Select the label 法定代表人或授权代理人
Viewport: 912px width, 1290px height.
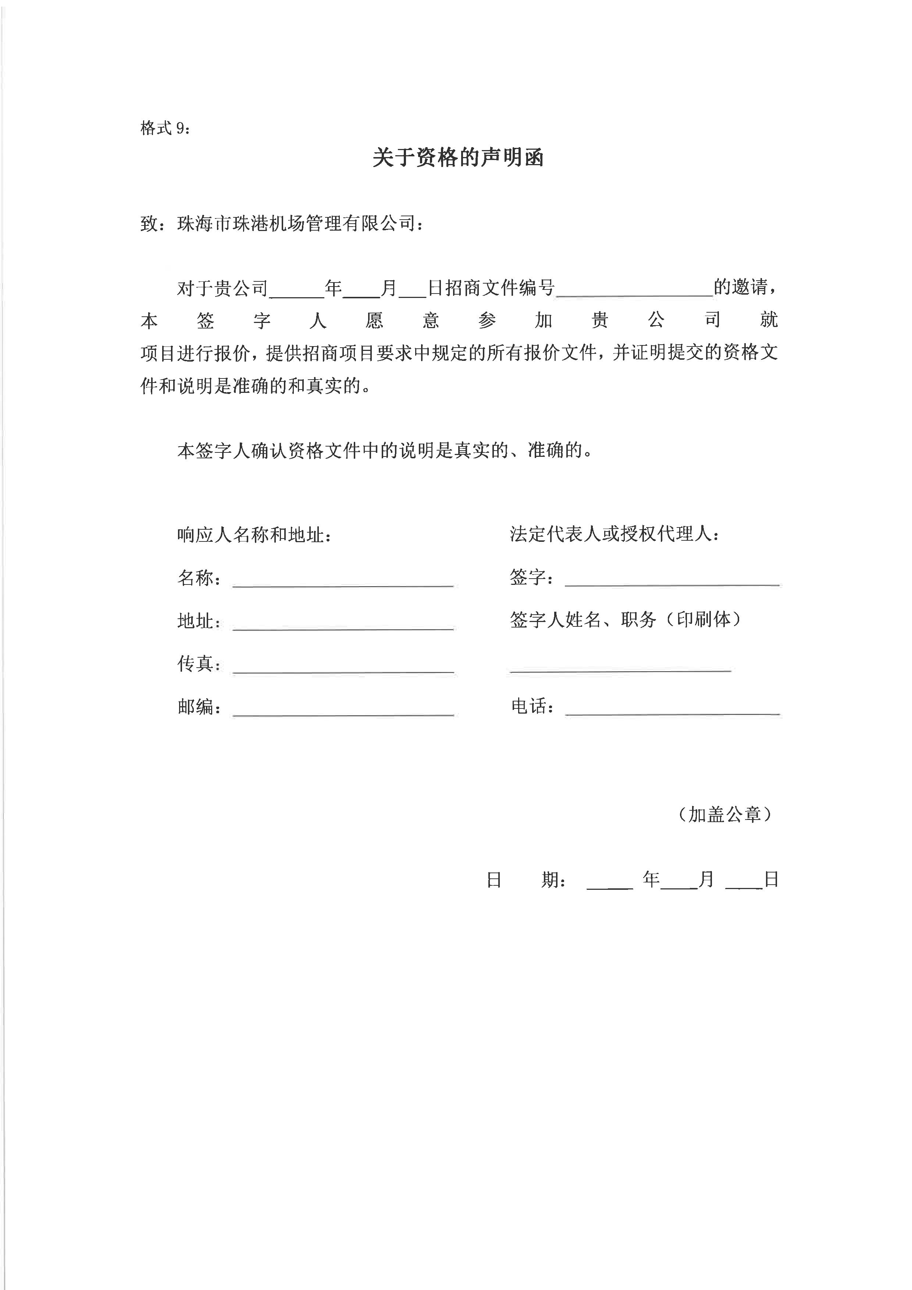(614, 534)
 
